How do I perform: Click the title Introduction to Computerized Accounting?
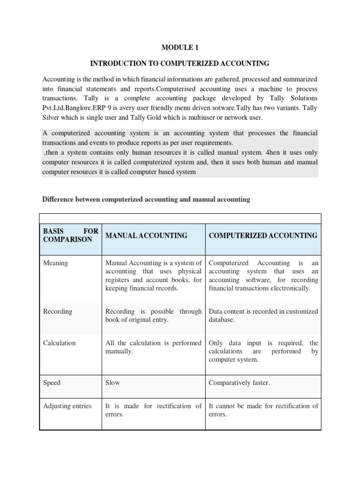[x=180, y=63]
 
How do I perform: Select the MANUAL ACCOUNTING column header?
[x=146, y=235]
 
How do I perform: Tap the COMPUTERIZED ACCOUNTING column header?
[x=262, y=235]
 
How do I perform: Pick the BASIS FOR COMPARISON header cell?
[x=70, y=235]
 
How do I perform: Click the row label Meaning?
[x=55, y=263]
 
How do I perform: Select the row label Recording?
[x=57, y=311]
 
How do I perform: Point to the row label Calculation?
[x=59, y=343]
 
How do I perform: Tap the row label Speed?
[x=52, y=382]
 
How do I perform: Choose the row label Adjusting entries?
[x=67, y=406]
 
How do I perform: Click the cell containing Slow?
[x=112, y=382]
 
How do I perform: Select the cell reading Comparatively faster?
[x=239, y=382]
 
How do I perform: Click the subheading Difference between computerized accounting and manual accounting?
[x=146, y=199]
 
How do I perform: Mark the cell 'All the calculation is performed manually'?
[x=153, y=347]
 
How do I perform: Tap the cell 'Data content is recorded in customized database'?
[x=263, y=315]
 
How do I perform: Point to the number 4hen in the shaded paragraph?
[x=272, y=153]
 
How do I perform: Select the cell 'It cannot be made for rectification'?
[x=263, y=410]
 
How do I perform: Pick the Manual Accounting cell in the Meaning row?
[x=153, y=276]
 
